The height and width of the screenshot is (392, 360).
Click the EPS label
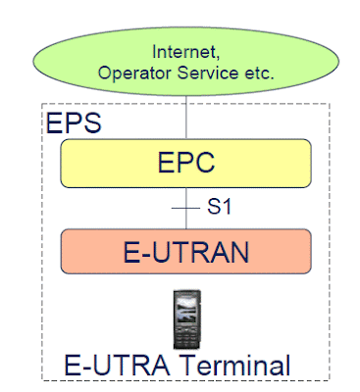point(72,123)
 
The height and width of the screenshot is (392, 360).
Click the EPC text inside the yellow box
point(185,162)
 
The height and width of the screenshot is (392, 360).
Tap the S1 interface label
point(218,208)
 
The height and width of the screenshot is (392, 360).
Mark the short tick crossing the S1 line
point(186,208)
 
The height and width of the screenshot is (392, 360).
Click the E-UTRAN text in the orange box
point(186,253)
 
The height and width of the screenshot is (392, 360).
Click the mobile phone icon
point(186,318)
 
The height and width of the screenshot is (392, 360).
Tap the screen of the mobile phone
point(186,307)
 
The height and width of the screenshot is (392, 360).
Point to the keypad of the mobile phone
point(186,334)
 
